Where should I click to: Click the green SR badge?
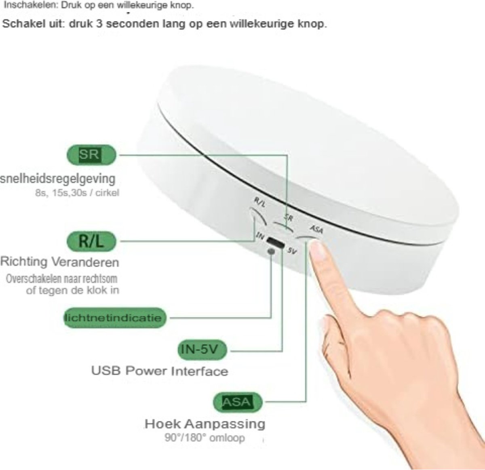click(91, 155)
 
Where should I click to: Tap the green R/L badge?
click(91, 241)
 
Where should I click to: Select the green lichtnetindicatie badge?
click(115, 318)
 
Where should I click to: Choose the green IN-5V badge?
click(202, 350)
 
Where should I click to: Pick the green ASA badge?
click(238, 402)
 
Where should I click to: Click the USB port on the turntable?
click(275, 242)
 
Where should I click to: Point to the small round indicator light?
click(271, 251)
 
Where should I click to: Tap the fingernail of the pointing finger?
click(318, 251)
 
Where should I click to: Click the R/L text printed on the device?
click(260, 202)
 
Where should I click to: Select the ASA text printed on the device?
click(317, 229)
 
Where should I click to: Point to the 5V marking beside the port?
click(292, 251)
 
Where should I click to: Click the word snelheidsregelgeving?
click(58, 179)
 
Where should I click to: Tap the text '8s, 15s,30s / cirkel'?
click(77, 193)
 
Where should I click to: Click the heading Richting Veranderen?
click(60, 262)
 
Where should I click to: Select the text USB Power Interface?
click(160, 371)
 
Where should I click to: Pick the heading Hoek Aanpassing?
click(205, 424)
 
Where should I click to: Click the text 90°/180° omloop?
click(205, 438)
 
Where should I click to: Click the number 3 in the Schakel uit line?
click(99, 24)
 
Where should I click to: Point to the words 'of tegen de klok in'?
click(72, 290)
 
